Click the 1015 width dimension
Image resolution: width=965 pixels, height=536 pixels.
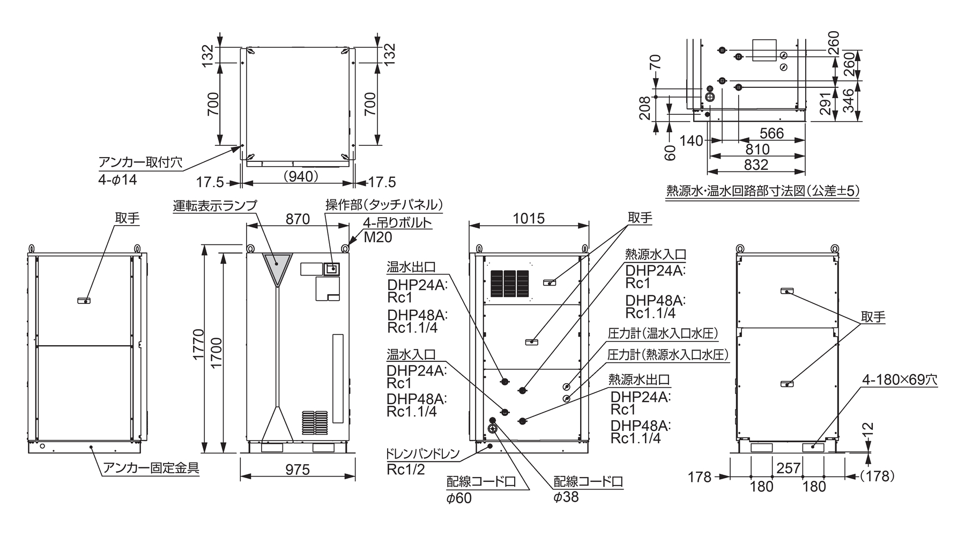[x=529, y=218]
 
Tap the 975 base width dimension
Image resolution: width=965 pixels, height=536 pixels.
[x=297, y=470]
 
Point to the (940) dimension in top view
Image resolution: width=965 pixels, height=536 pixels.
[x=300, y=176]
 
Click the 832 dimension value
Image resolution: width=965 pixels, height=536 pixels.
[x=756, y=165]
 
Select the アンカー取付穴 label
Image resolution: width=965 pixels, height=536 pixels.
[x=140, y=162]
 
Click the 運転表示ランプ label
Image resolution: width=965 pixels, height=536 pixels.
[x=215, y=205]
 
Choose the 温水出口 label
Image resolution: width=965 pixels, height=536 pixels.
[x=411, y=267]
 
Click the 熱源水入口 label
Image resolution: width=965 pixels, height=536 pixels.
[x=655, y=255]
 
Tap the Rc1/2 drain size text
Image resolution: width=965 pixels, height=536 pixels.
[x=405, y=470]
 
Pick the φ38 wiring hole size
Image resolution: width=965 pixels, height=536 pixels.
[x=566, y=497]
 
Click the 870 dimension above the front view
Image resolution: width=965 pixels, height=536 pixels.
[x=298, y=219]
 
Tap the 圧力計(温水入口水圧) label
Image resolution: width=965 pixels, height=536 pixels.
[x=663, y=333]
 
